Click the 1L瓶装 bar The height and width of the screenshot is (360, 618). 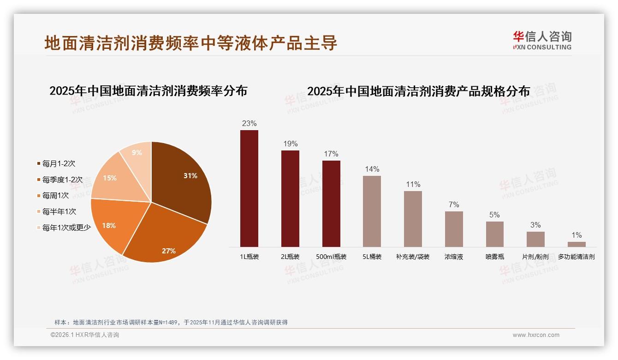[249, 188]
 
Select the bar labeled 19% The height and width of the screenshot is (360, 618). [290, 198]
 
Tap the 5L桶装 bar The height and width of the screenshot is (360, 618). [372, 211]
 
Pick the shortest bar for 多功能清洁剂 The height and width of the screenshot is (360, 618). [576, 244]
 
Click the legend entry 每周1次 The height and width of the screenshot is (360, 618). [55, 196]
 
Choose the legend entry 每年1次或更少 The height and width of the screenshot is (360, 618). [66, 228]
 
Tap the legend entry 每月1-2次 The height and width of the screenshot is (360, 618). [58, 164]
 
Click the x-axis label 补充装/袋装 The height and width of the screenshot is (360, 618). [413, 257]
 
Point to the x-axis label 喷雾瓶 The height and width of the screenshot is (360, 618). [495, 257]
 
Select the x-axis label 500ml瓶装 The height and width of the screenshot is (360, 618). [331, 257]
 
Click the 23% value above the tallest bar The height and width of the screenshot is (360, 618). [249, 124]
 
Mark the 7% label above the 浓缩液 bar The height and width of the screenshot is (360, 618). [454, 205]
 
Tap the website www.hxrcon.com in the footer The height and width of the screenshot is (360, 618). [536, 335]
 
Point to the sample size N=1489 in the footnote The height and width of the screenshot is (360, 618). [169, 322]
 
